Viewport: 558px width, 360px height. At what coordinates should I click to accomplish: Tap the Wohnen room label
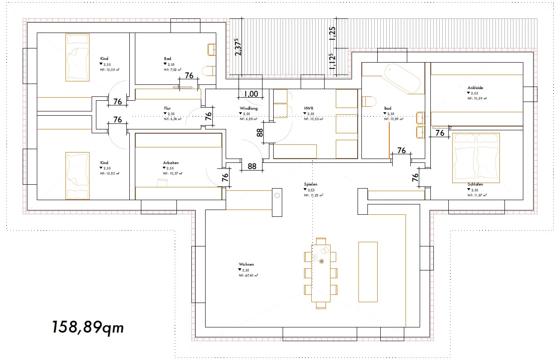[x=247, y=264]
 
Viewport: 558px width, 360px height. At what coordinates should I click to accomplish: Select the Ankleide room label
[x=475, y=88]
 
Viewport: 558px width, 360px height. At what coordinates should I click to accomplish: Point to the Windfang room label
[x=248, y=108]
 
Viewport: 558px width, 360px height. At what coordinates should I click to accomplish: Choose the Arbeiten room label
[x=170, y=163]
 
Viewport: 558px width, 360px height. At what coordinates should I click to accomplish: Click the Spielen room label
[x=310, y=184]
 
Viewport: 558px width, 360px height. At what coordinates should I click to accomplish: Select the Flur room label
[x=167, y=108]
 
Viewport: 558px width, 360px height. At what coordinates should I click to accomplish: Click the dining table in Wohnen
[x=320, y=273]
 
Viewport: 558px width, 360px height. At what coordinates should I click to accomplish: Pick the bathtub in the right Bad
[x=402, y=78]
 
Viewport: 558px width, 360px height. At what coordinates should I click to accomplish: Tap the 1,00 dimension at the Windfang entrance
[x=251, y=94]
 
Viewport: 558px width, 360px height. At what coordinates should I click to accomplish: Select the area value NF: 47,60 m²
[x=248, y=276]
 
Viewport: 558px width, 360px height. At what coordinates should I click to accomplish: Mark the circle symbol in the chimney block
[x=277, y=195]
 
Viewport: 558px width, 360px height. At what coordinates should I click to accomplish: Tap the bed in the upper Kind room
[x=77, y=57]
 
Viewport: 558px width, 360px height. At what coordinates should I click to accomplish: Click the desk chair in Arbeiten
[x=162, y=183]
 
